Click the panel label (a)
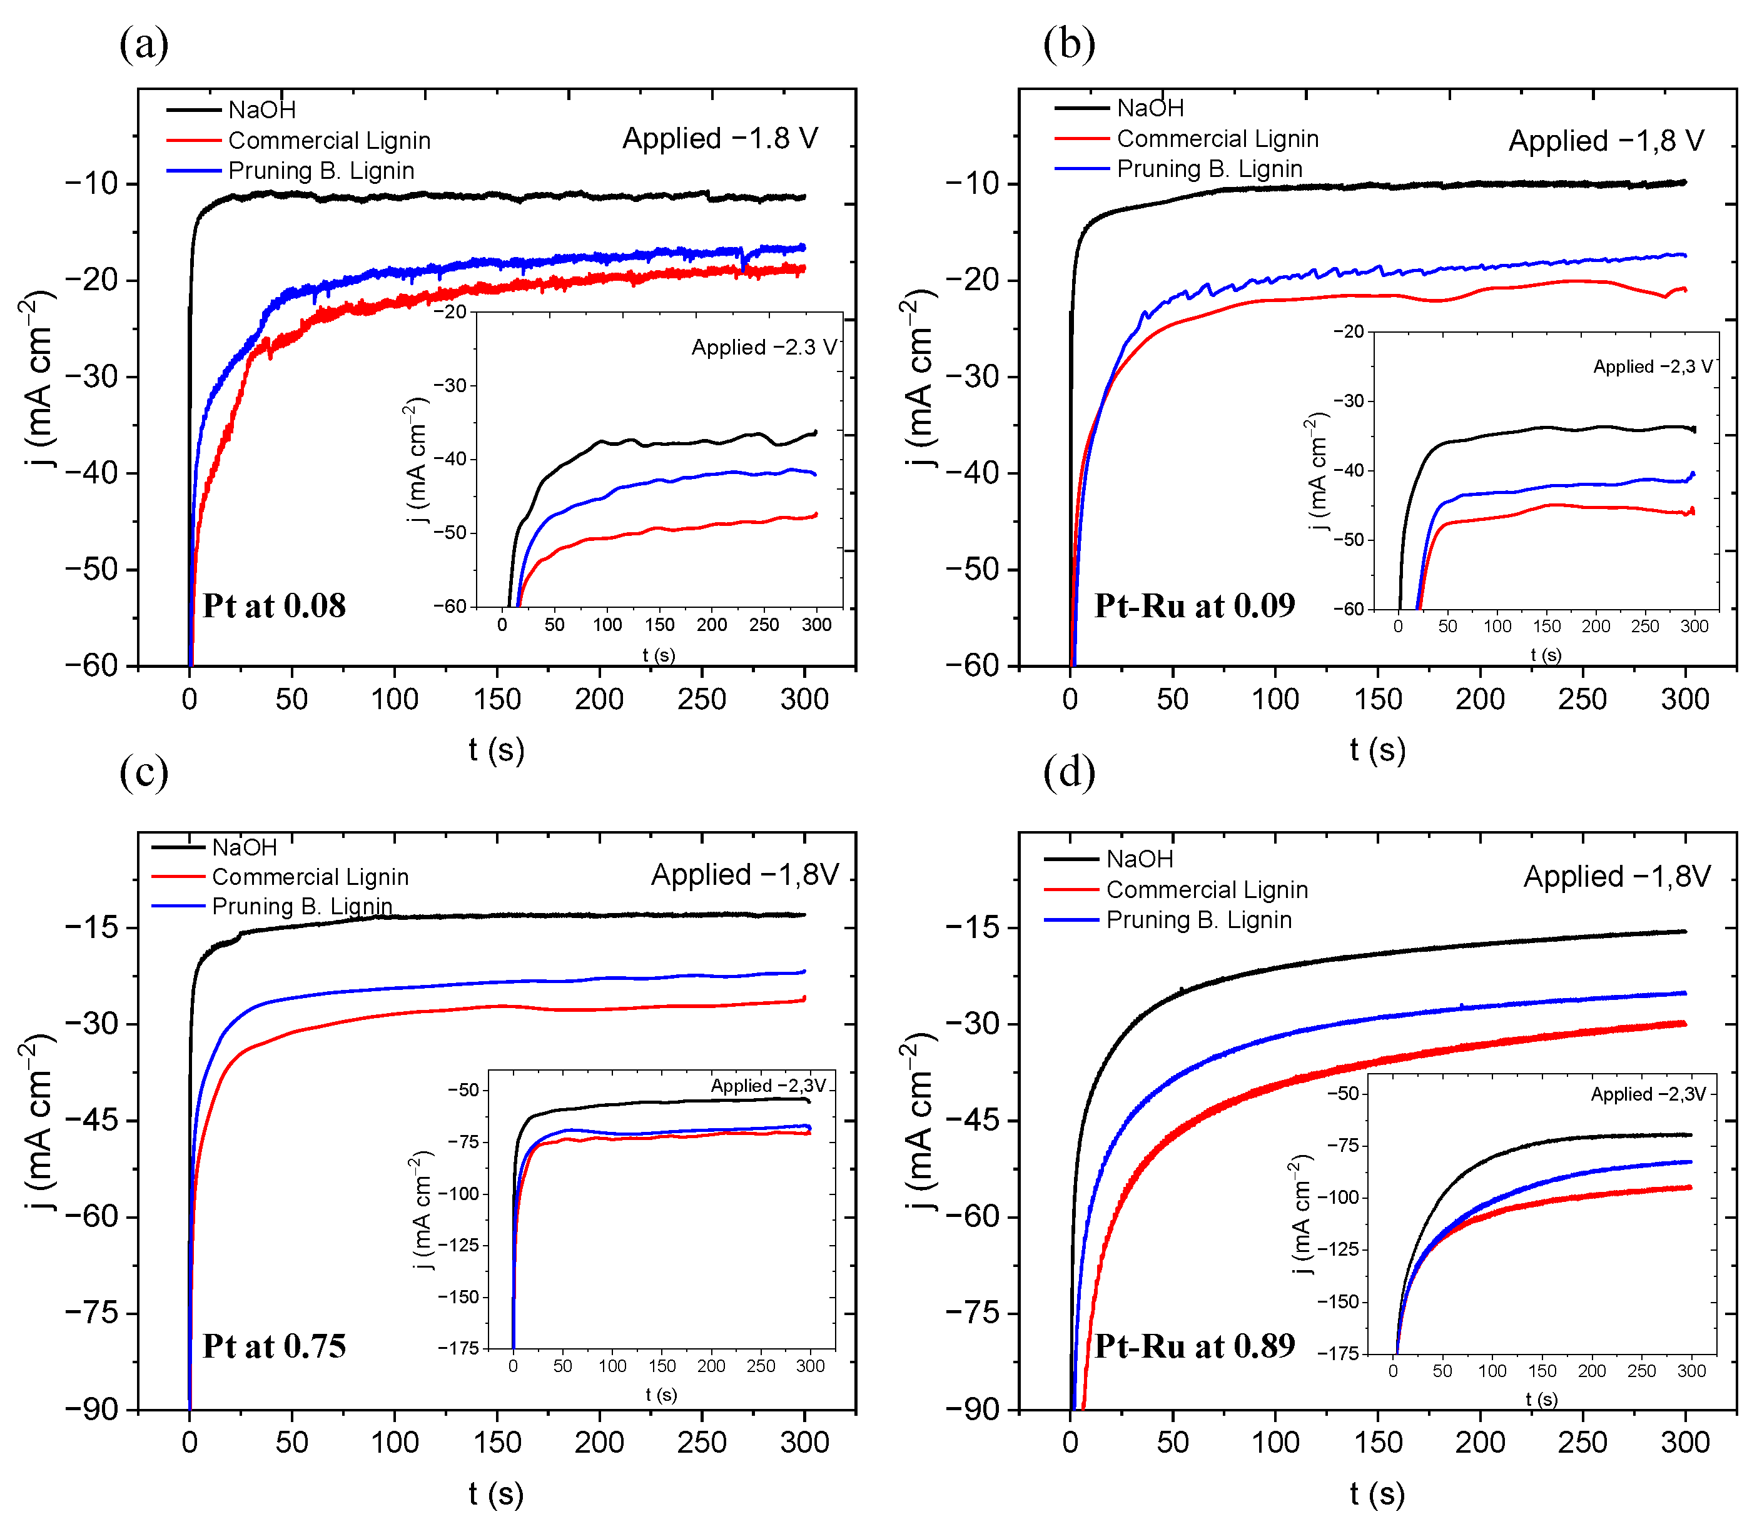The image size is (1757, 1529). click(143, 44)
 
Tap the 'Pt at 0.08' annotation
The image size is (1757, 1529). click(274, 606)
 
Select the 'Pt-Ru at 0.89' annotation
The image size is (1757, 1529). click(1194, 1346)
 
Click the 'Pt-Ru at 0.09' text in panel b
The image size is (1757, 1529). click(1194, 606)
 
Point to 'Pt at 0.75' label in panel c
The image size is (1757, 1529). click(274, 1346)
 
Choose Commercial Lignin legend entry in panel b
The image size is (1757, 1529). click(1217, 138)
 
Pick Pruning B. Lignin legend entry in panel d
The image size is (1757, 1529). click(1198, 920)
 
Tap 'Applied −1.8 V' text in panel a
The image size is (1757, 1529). click(719, 138)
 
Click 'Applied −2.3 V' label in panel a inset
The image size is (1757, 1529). click(764, 347)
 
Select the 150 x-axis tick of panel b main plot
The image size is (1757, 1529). click(1377, 699)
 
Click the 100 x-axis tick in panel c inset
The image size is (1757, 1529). click(612, 1366)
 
